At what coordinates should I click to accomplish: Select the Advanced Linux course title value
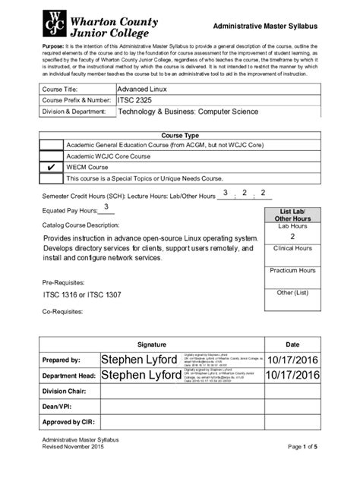click(142, 89)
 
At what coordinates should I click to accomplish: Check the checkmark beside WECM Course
click(51, 167)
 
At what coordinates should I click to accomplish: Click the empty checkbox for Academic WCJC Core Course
click(51, 156)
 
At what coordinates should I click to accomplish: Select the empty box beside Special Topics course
click(51, 178)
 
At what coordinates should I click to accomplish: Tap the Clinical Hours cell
click(292, 248)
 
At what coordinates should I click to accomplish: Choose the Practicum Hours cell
click(292, 270)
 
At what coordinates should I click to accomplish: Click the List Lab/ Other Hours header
click(292, 215)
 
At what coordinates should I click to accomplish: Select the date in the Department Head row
click(292, 375)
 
